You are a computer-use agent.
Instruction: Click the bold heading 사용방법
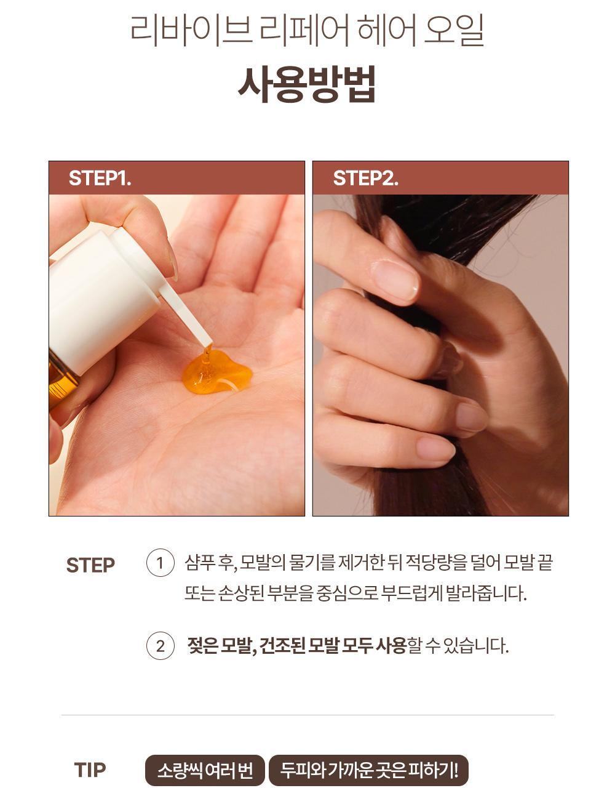coord(307,84)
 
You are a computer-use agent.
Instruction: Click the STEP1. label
coord(100,178)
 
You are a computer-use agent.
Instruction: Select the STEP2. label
coord(365,178)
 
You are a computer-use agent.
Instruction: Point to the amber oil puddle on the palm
coord(216,373)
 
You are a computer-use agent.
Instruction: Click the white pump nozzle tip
coord(206,341)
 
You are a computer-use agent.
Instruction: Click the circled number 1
coord(160,563)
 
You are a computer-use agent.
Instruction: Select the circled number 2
coord(160,646)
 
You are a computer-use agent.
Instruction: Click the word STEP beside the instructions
coord(90,565)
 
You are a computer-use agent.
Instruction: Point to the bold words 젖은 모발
coord(219,646)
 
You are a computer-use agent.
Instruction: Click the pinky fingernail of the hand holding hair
coord(435,448)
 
